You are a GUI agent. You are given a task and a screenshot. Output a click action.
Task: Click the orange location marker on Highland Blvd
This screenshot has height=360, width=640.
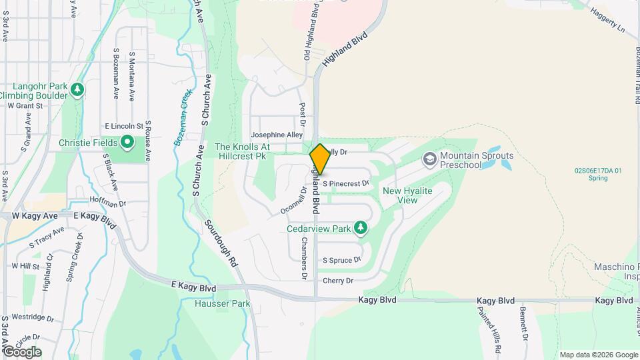click(320, 159)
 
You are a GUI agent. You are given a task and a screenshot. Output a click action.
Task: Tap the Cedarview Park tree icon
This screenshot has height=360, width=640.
click(361, 229)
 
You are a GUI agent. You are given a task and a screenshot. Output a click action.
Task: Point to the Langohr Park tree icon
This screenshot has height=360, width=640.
click(78, 89)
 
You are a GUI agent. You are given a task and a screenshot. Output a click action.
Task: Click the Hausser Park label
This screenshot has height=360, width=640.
click(223, 303)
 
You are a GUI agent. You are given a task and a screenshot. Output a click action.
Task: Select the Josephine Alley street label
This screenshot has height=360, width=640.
click(277, 135)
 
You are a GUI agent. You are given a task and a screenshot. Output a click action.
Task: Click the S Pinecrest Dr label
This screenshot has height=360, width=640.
click(345, 183)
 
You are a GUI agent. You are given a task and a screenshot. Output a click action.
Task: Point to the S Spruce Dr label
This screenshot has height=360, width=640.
click(341, 260)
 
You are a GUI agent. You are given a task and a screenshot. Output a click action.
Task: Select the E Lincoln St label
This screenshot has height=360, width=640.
click(124, 125)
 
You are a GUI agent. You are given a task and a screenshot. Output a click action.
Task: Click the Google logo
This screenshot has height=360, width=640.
click(21, 352)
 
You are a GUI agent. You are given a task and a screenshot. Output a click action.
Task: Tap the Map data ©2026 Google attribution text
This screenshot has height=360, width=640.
click(598, 355)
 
